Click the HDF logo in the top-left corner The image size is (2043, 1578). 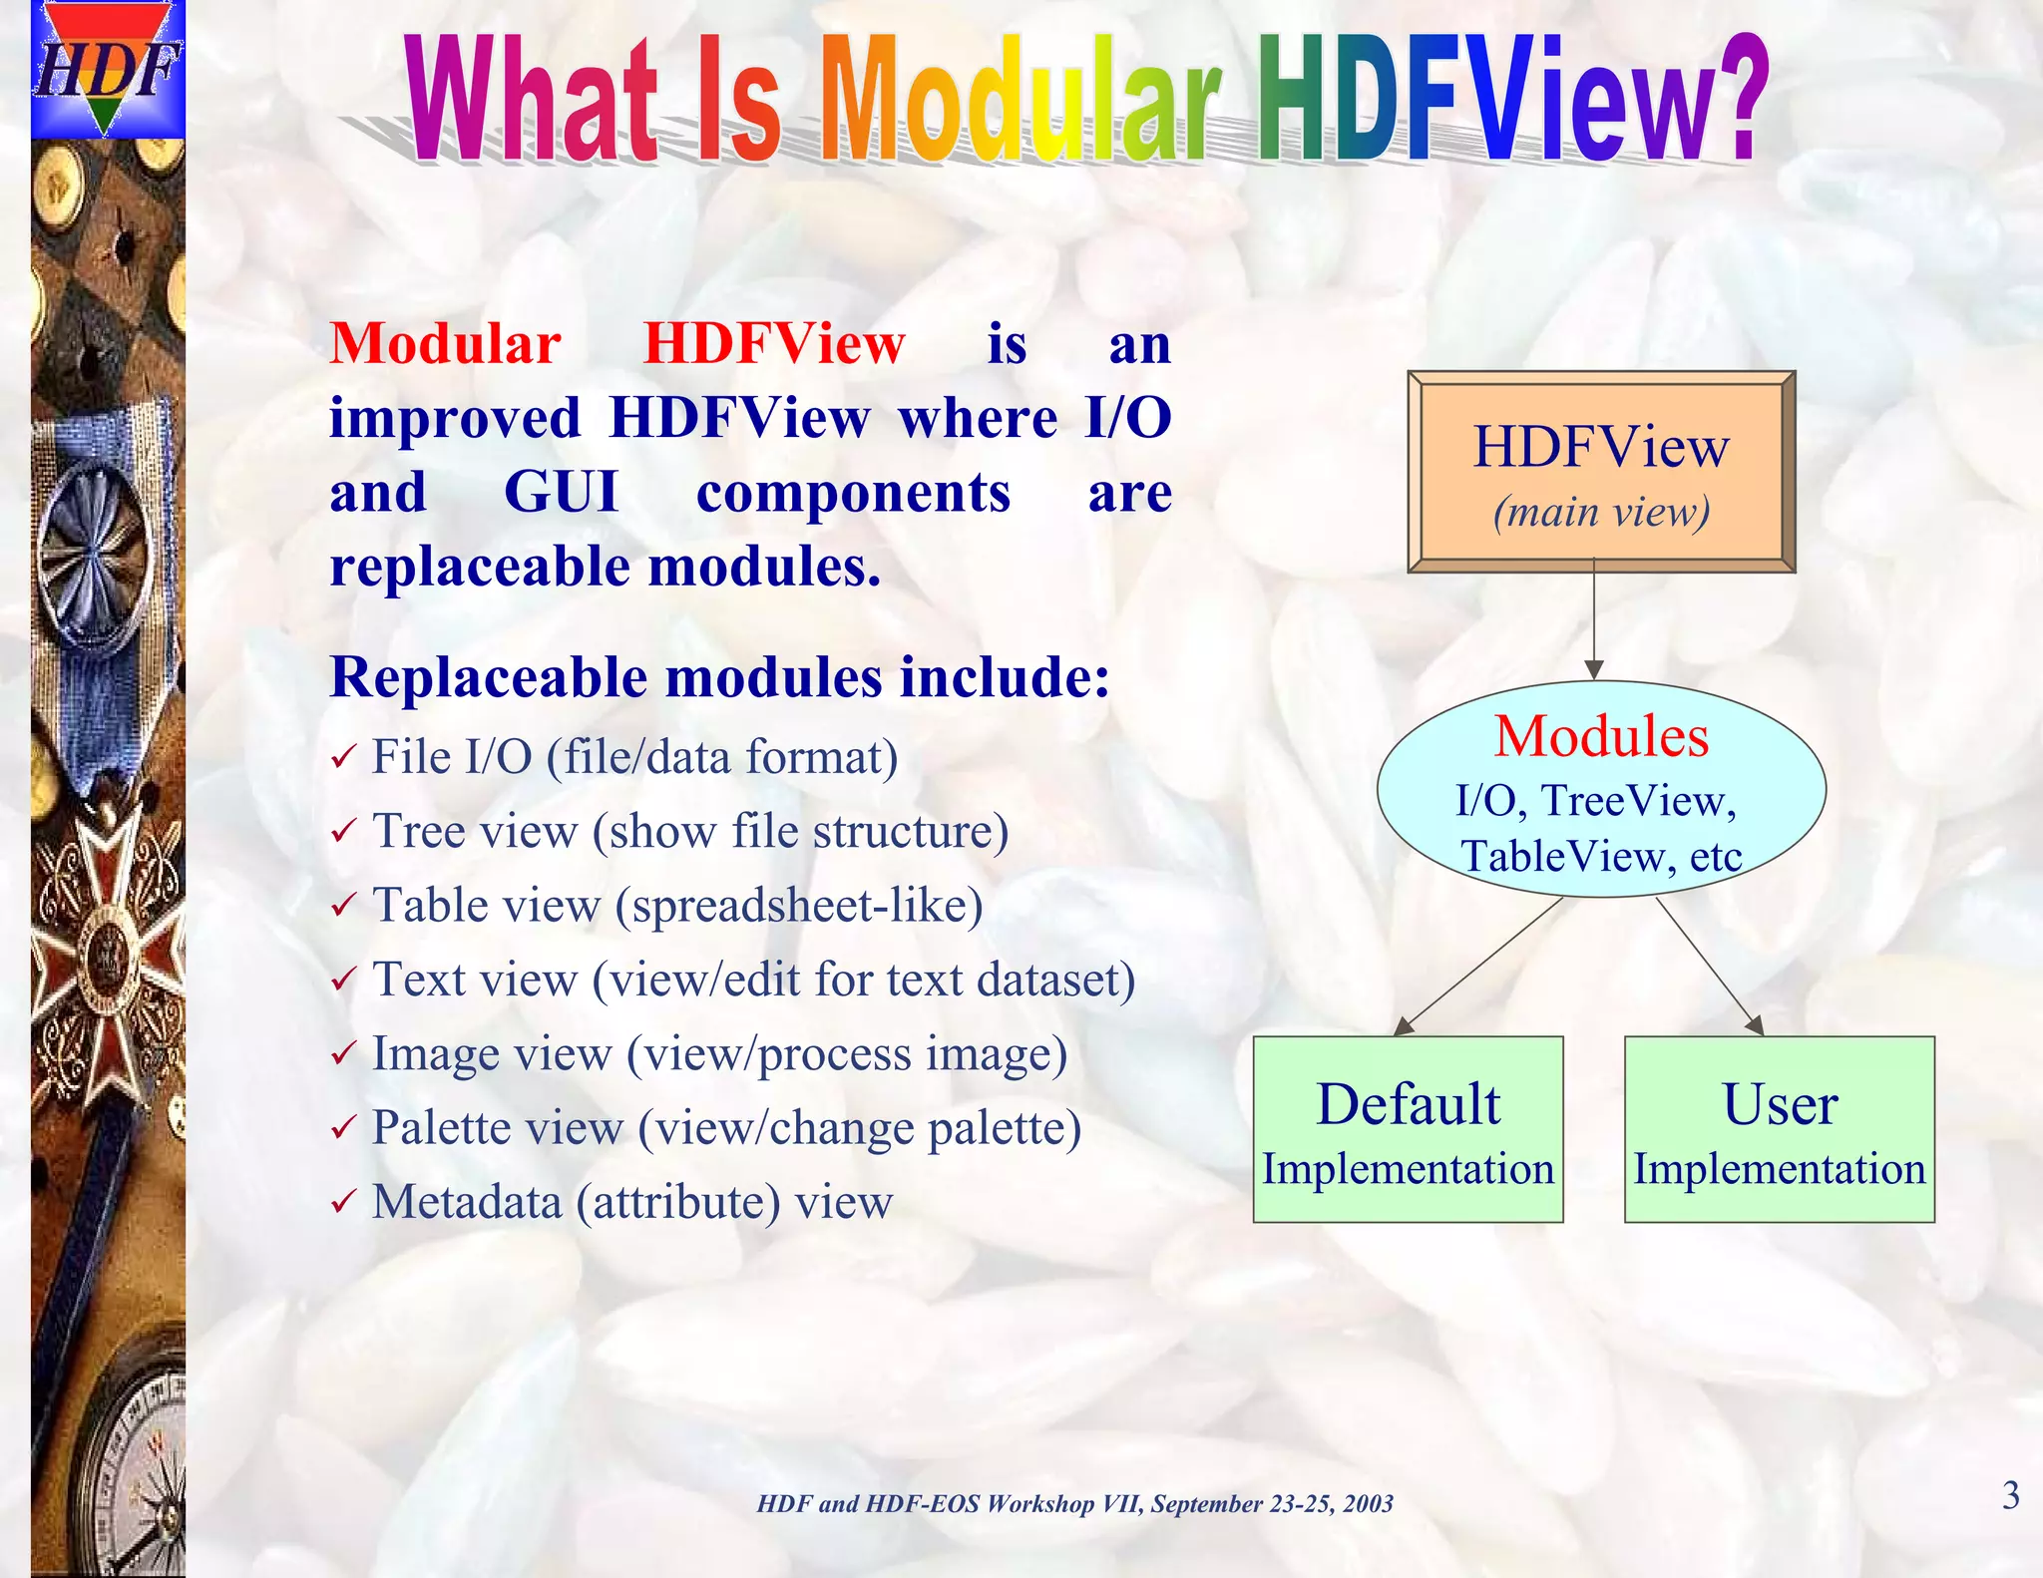108,70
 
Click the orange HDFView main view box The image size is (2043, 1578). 1601,472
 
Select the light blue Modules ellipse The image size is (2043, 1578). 1601,789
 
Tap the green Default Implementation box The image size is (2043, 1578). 1408,1129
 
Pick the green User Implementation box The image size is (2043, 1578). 1779,1129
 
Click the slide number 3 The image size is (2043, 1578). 2011,1495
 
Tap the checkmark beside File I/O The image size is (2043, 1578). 342,758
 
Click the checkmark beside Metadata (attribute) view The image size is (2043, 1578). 342,1202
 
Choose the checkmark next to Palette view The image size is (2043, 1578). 342,1128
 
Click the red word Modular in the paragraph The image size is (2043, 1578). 445,344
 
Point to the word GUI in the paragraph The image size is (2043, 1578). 561,493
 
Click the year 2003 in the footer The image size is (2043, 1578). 1368,1504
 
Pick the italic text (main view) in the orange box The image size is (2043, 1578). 1601,512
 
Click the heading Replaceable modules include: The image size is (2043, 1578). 719,677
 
